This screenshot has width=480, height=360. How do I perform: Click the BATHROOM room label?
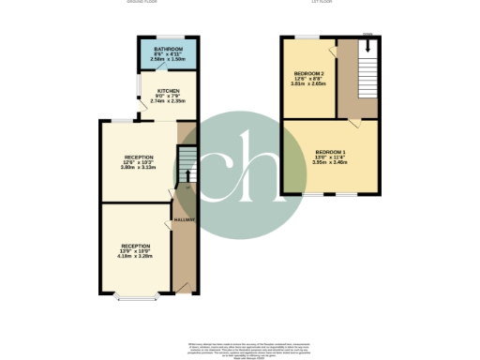click(168, 48)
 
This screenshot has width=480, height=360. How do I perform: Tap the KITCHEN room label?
click(169, 91)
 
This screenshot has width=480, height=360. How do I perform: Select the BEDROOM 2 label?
click(308, 74)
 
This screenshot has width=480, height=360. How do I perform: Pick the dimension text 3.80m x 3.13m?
click(138, 168)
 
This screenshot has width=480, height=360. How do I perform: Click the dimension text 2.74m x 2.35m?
click(169, 99)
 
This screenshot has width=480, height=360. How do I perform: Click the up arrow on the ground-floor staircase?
click(187, 173)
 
